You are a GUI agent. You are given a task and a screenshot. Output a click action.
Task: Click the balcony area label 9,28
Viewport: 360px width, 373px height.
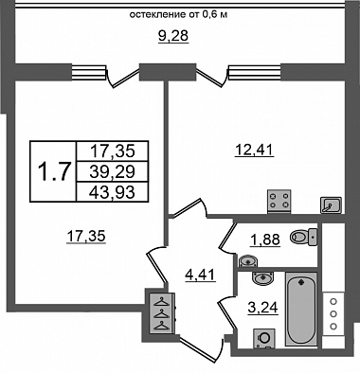(173, 36)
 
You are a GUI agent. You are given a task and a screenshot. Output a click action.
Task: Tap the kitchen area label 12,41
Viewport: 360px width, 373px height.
(254, 150)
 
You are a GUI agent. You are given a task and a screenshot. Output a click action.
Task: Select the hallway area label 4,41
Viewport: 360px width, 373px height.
(200, 275)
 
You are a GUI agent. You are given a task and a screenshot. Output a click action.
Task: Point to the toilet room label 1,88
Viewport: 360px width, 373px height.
(265, 240)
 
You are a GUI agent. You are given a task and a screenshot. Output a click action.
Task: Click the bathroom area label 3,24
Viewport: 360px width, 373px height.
(263, 307)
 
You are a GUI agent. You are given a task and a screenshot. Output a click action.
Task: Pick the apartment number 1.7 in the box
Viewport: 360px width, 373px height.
(53, 172)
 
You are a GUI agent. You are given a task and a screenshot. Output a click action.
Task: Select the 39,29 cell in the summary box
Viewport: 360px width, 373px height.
(112, 171)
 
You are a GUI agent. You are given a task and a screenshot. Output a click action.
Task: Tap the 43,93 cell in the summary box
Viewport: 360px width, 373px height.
(112, 192)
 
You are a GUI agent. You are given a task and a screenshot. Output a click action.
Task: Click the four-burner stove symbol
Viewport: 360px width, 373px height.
(279, 201)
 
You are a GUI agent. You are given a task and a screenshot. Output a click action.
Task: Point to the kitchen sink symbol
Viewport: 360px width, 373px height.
(331, 205)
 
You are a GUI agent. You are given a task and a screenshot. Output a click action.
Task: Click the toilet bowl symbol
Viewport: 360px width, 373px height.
(303, 237)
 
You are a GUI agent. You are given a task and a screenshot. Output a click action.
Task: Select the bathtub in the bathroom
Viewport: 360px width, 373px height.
(301, 310)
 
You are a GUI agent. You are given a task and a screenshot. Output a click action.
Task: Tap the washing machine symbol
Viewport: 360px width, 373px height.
(264, 338)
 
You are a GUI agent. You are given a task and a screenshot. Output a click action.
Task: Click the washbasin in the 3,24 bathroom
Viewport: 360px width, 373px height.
(262, 278)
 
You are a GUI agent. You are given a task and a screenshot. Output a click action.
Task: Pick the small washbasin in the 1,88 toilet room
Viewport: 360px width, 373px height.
(248, 260)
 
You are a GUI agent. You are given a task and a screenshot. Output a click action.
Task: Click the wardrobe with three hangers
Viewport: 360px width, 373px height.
(162, 312)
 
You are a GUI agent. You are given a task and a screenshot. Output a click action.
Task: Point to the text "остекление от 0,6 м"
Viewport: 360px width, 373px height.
(178, 14)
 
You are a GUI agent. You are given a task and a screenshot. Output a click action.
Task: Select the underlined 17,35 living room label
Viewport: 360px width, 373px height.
(86, 236)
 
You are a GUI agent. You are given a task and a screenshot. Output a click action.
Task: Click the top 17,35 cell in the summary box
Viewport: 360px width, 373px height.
(112, 151)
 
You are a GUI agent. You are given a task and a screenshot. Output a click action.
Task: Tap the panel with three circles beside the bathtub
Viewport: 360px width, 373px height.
(333, 314)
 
